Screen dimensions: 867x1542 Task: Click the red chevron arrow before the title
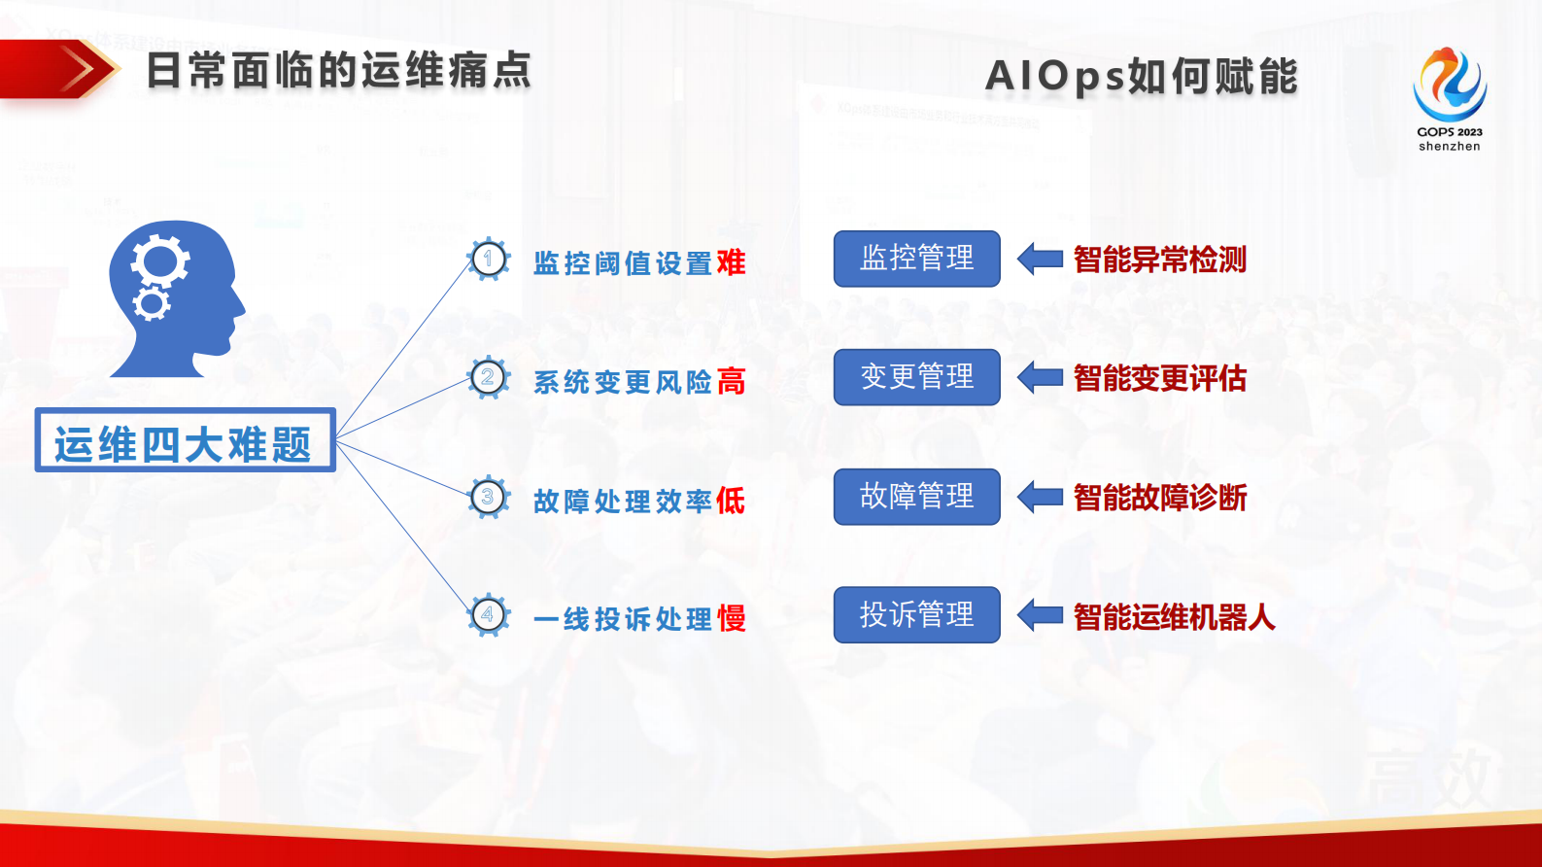point(83,69)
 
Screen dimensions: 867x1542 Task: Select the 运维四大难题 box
point(185,441)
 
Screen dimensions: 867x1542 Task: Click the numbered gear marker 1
point(489,260)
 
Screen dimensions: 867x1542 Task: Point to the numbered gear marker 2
point(489,378)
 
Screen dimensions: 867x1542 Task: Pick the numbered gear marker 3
point(489,498)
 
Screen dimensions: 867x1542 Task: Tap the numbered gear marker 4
point(489,615)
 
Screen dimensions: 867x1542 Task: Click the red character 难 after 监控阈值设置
point(731,262)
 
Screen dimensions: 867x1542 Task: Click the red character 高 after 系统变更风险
point(731,382)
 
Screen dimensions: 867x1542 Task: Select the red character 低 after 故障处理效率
point(731,501)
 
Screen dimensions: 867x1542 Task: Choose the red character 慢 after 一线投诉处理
point(731,619)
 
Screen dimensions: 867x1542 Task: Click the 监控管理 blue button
point(916,259)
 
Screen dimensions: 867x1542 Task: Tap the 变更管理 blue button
point(916,377)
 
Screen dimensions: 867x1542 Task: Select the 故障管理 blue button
point(916,497)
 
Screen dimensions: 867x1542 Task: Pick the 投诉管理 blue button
point(916,614)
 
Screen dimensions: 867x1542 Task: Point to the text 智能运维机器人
point(1174,617)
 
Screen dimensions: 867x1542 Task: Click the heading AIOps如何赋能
point(1142,77)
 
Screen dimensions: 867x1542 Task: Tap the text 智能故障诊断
point(1160,498)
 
